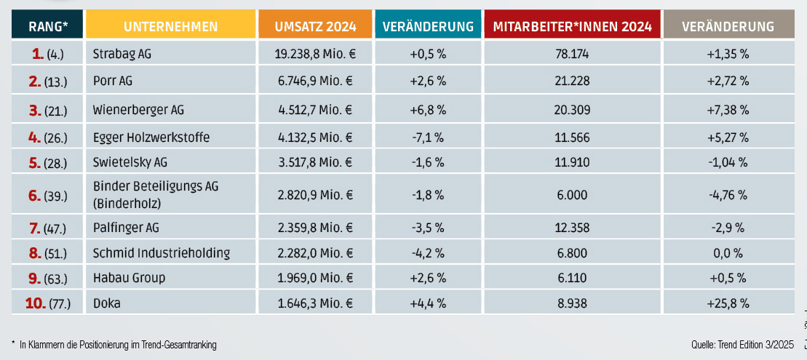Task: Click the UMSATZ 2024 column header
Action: coord(316,27)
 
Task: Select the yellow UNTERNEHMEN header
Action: coord(171,27)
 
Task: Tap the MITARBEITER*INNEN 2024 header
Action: coord(572,27)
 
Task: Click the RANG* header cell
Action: coord(48,27)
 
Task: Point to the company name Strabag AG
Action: coord(122,53)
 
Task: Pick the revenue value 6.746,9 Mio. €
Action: coord(316,81)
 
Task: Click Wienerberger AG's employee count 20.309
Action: coord(572,111)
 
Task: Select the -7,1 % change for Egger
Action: coord(428,137)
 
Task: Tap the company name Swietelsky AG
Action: coord(130,162)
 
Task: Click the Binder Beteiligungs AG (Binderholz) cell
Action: coord(156,194)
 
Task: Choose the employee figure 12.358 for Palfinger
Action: coord(572,228)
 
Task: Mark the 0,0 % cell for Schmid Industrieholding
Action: coord(728,253)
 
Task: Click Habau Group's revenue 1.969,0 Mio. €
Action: coord(316,278)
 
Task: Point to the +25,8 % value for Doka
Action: coord(728,303)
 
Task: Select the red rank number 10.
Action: coord(36,303)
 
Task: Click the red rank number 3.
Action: coord(34,111)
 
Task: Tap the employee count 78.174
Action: coord(572,53)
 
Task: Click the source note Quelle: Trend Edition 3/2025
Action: coord(741,344)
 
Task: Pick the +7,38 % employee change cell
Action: coord(728,111)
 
